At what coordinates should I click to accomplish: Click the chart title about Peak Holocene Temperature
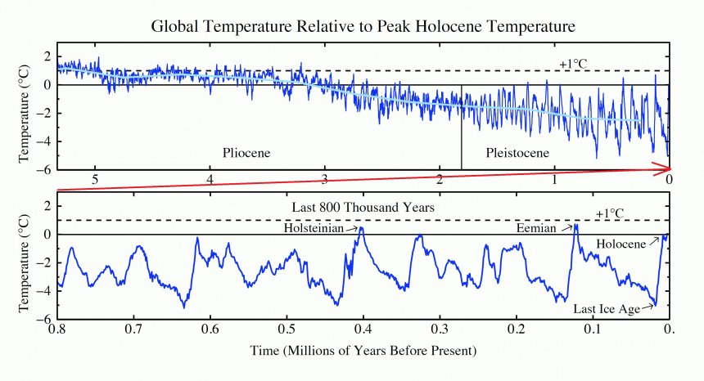click(364, 26)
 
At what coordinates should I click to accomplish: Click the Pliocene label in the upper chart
click(246, 153)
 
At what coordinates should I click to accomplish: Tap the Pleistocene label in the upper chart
click(517, 153)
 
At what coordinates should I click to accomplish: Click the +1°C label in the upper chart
click(574, 64)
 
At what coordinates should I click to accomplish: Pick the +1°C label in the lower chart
click(610, 213)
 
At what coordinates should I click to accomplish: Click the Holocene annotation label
click(621, 244)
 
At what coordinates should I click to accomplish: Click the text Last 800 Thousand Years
click(363, 208)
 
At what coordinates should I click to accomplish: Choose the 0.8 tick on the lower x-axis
click(56, 329)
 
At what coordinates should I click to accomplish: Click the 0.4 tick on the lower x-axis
click(363, 329)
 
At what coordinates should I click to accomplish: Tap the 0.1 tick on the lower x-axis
click(593, 329)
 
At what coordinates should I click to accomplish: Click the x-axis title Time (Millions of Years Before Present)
click(363, 350)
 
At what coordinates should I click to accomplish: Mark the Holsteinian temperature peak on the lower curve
click(361, 228)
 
